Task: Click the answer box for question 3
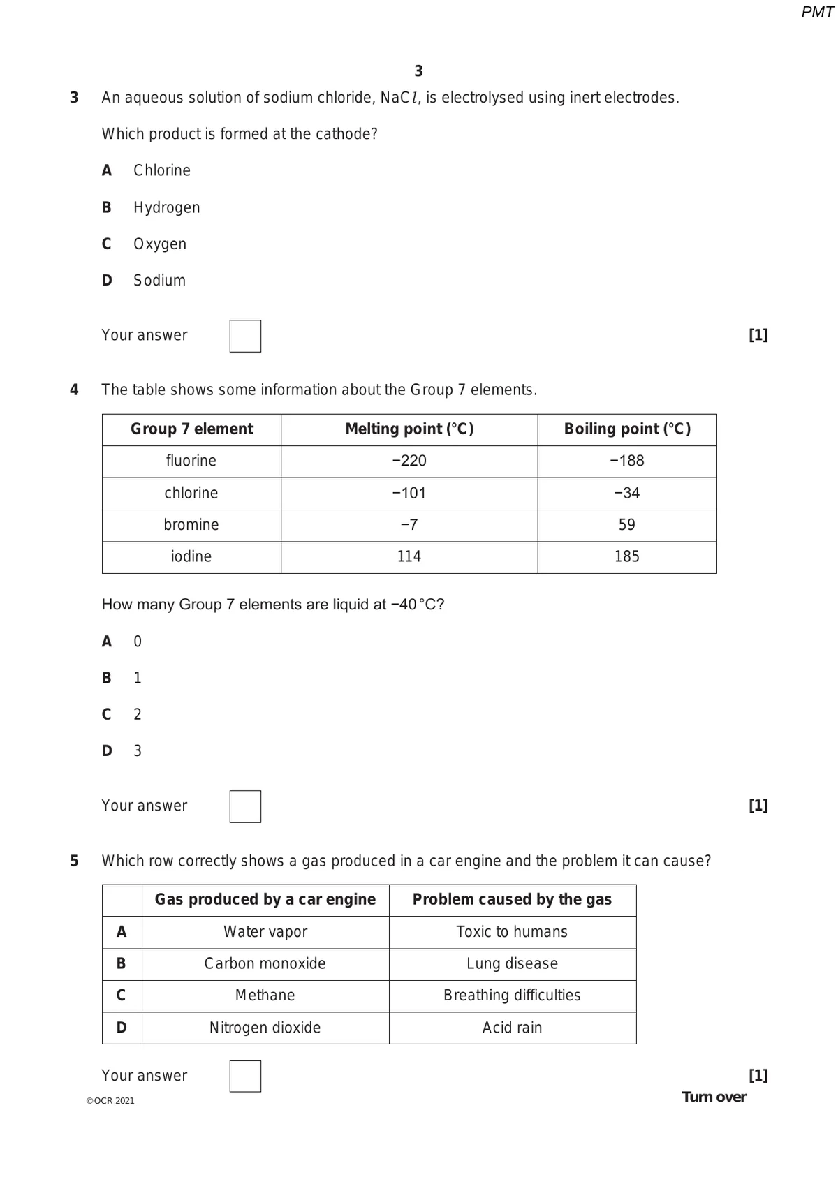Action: pos(245,336)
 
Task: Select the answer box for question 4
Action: pos(245,806)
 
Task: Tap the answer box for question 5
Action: pos(245,1076)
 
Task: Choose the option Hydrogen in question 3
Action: pos(166,207)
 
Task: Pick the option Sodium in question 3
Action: pos(159,280)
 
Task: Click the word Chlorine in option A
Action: pos(162,170)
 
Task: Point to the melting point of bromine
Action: pos(409,525)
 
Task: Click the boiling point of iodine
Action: pos(626,556)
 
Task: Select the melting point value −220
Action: pos(409,461)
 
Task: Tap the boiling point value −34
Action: pos(626,493)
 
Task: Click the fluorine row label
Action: pos(191,461)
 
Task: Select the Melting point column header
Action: pos(409,429)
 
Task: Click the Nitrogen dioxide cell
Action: pos(265,1028)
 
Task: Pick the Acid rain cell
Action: pos(512,1028)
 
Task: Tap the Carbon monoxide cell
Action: pos(265,963)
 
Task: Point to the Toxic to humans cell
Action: pos(512,932)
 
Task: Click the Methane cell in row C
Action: pos(265,996)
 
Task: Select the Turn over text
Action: pos(714,1097)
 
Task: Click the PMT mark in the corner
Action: pos(817,12)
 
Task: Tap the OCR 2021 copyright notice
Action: pos(110,1101)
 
